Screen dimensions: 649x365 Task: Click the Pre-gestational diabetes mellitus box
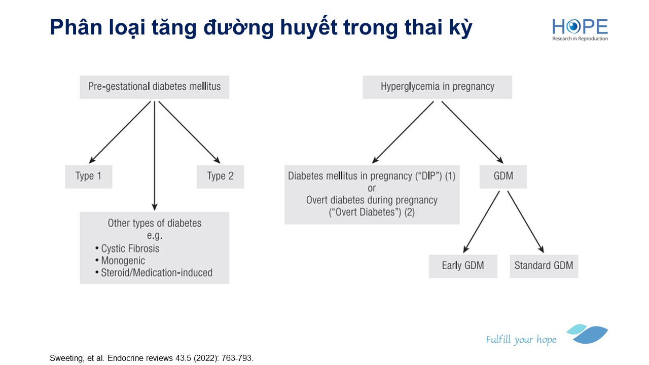155,87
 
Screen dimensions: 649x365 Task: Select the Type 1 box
88,177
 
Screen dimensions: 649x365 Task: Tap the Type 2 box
220,177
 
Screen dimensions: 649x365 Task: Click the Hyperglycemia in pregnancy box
437,87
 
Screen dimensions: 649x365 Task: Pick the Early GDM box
463,267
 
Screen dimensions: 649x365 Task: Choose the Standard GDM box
544,267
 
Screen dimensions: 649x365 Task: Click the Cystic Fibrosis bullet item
127,248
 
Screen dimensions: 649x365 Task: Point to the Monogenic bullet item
120,261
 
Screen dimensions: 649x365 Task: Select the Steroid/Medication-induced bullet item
154,273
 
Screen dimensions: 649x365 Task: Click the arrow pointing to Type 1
120,132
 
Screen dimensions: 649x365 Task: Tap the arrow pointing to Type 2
190,132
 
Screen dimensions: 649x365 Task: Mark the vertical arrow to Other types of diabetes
155,156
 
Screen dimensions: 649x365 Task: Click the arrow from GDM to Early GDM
481,222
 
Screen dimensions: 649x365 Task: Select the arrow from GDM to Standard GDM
526,222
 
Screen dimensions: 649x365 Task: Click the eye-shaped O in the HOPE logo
573,27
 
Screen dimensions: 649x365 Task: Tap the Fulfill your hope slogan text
521,340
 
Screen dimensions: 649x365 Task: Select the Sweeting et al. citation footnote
152,358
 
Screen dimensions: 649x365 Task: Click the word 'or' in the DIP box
372,188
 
